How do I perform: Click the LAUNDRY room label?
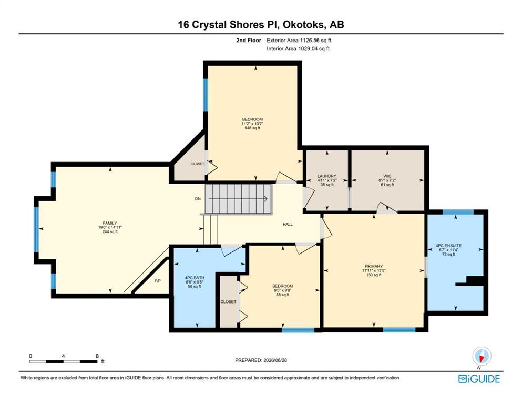point(326,176)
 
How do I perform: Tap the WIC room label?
point(387,176)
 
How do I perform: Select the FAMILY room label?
point(110,223)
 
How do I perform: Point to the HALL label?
point(288,224)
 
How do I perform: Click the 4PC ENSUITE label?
point(448,246)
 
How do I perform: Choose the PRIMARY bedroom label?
point(374,266)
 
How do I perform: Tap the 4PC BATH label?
point(195,278)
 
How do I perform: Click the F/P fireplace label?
point(158,281)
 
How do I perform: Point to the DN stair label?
point(198,199)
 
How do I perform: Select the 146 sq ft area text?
point(252,128)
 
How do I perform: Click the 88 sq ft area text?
point(283,295)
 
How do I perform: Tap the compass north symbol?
point(482,356)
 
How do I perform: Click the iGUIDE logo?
point(479,379)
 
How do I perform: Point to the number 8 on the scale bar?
point(97,356)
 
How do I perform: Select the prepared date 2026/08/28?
point(275,360)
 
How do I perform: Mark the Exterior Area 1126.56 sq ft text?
point(299,41)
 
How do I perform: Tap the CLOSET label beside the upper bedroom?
point(198,164)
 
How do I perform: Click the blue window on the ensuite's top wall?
point(458,212)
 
